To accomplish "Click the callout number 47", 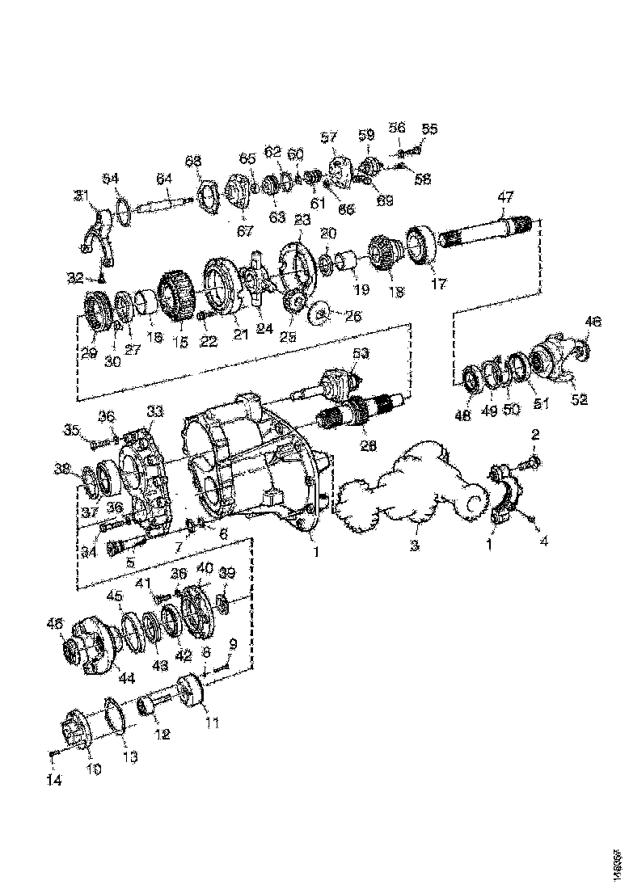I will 505,196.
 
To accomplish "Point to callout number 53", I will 360,353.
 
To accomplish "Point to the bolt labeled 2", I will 535,463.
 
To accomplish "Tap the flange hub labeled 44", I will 91,647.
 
